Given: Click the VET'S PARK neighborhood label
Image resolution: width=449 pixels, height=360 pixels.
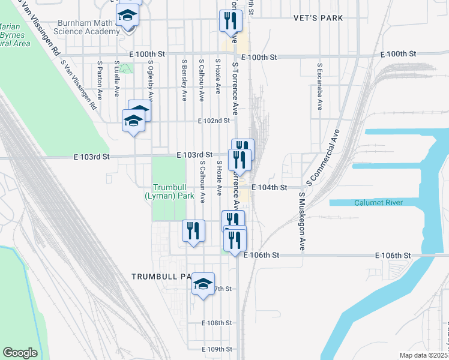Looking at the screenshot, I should point(319,18).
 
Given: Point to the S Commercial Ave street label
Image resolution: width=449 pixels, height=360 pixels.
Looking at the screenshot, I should point(323,156).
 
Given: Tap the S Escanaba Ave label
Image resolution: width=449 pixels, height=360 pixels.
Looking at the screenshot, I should point(319,86).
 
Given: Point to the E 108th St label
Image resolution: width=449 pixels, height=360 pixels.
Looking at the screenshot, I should point(217,323).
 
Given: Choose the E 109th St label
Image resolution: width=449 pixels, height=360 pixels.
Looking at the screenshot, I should point(217,349).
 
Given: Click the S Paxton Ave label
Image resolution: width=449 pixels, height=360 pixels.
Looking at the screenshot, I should point(99,79).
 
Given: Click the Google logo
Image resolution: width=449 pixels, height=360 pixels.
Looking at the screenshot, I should point(20,353).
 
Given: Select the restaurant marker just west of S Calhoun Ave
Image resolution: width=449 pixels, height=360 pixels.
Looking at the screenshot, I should point(193,231).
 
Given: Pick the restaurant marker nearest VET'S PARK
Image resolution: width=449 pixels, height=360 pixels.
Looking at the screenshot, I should point(231,22).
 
